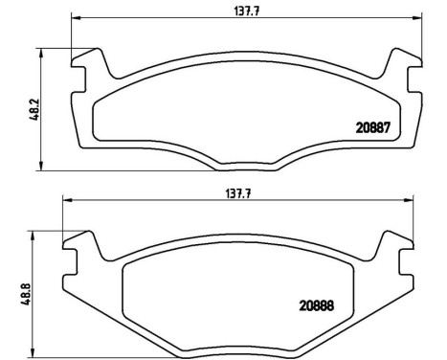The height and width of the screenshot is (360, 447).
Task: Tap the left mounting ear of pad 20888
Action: [x=80, y=249]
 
